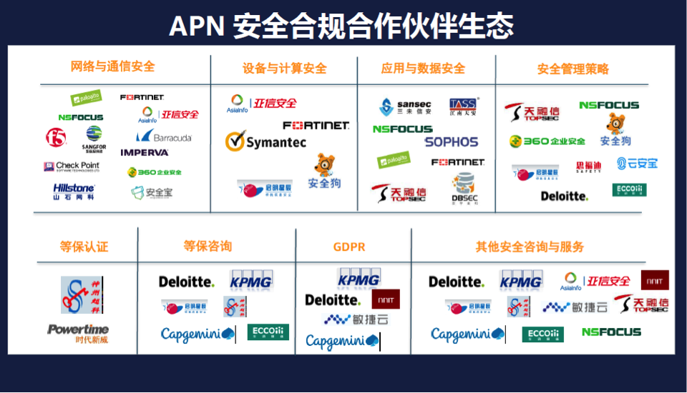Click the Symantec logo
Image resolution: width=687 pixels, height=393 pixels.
265,141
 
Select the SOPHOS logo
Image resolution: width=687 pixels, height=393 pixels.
451,141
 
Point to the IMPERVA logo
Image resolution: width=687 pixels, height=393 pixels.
145,152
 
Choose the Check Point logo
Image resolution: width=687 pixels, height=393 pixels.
72,166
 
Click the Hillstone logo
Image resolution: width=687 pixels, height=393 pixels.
74,190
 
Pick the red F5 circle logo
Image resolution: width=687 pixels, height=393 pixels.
56,136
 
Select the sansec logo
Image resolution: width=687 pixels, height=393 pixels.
405,107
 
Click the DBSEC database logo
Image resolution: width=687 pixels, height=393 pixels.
464,187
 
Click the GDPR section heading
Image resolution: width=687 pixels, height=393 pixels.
349,247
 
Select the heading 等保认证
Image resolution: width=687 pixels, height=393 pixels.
84,247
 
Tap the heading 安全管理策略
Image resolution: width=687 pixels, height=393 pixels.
573,69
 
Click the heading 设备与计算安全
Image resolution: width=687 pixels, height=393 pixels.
284,69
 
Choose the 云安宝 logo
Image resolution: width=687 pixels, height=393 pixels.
637,164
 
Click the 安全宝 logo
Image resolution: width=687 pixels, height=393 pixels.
152,192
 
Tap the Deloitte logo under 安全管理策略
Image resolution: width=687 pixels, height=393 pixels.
564,196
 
